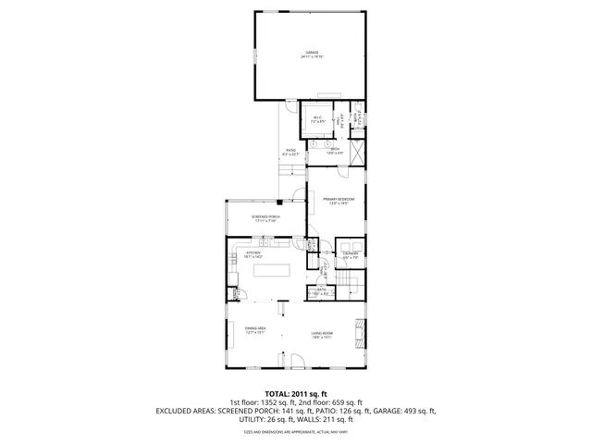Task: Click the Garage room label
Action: (311, 55)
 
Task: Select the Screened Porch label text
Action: (266, 218)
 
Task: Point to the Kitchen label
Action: (253, 253)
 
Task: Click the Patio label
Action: (290, 152)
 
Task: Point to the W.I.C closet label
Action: (317, 118)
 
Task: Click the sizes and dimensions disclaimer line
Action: (296, 431)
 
